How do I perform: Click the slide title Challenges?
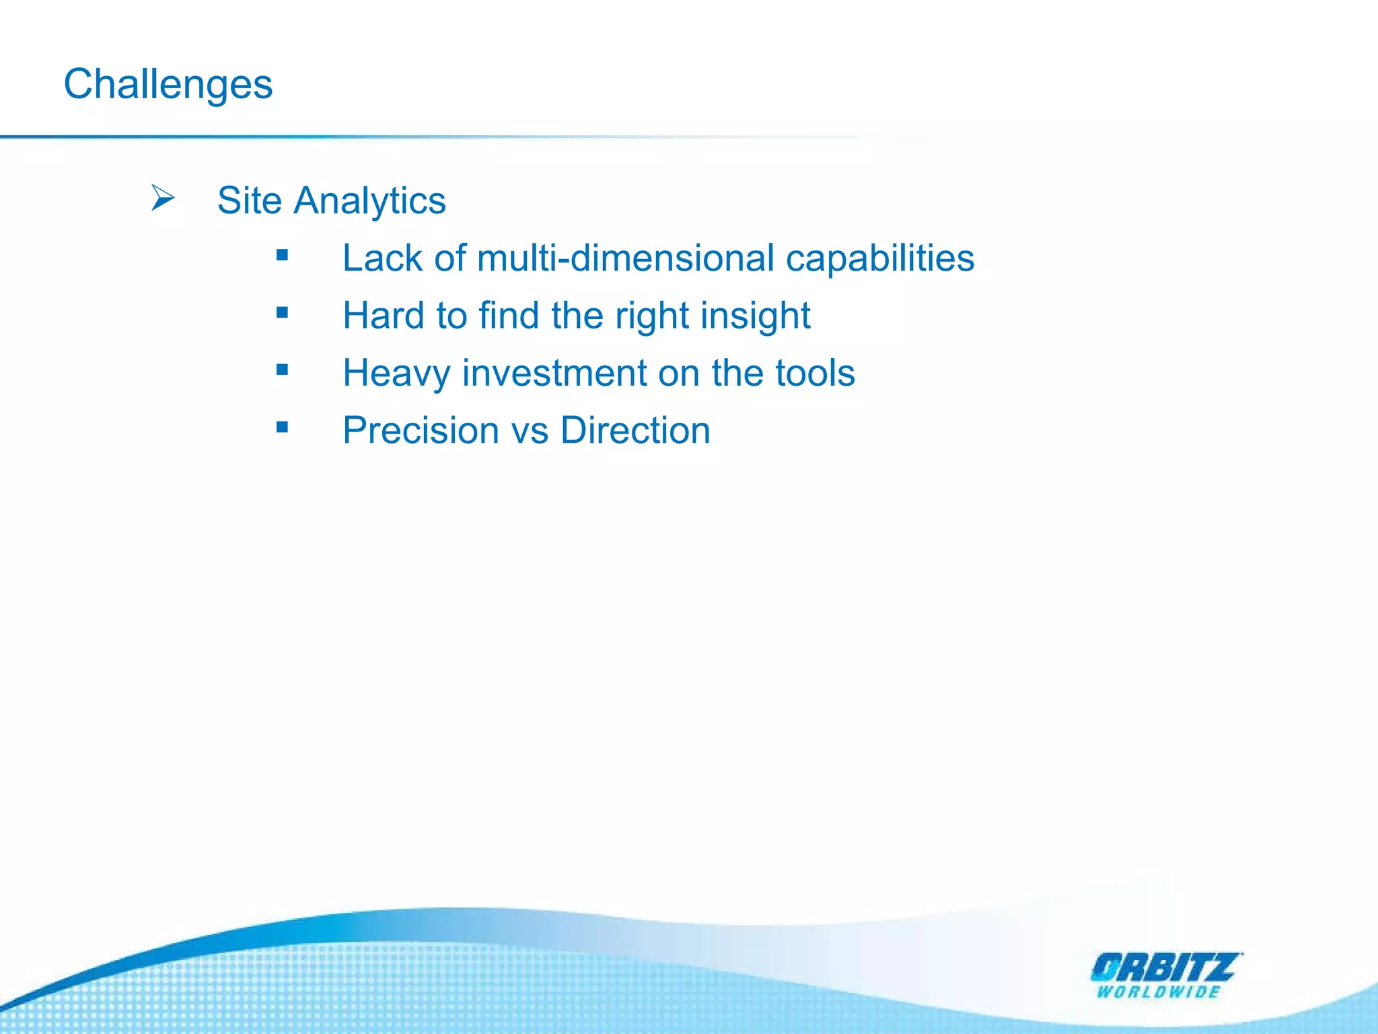pyautogui.click(x=168, y=85)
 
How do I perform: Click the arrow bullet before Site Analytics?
pyautogui.click(x=162, y=198)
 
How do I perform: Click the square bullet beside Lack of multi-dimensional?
pyautogui.click(x=282, y=255)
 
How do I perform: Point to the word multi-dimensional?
pyautogui.click(x=625, y=258)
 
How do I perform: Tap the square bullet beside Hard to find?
pyautogui.click(x=282, y=312)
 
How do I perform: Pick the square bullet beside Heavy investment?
pyautogui.click(x=282, y=370)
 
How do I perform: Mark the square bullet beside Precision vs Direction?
pyautogui.click(x=282, y=427)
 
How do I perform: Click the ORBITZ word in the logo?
pyautogui.click(x=1164, y=969)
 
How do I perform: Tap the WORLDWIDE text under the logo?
pyautogui.click(x=1158, y=992)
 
